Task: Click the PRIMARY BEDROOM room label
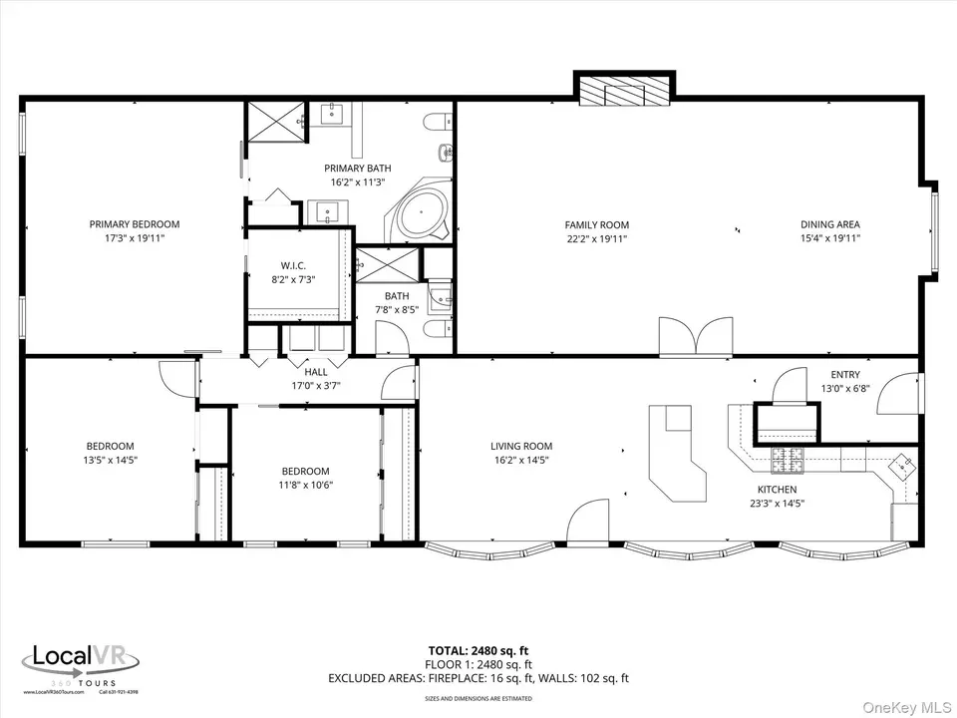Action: (x=135, y=224)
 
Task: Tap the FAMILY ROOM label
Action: (x=597, y=225)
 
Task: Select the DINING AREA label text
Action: (x=829, y=225)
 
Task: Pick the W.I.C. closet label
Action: (x=294, y=265)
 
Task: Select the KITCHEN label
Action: (x=777, y=490)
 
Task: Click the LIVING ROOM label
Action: (x=520, y=447)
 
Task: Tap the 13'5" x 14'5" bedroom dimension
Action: (x=110, y=460)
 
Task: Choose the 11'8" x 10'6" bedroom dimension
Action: (x=305, y=485)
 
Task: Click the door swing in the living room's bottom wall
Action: (x=587, y=523)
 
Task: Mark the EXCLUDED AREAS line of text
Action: (x=526, y=678)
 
